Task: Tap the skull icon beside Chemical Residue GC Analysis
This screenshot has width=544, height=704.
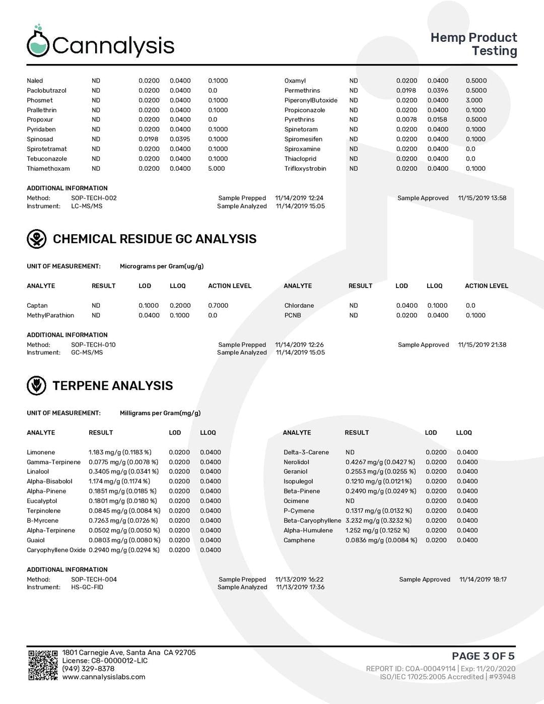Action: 36,239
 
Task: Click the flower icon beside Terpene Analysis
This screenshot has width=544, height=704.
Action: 36,386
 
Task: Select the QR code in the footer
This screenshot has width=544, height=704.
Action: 43,665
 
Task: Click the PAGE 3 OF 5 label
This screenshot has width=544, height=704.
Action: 483,656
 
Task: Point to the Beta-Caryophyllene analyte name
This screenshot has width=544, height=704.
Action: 312,521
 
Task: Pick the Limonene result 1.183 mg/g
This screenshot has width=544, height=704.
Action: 120,452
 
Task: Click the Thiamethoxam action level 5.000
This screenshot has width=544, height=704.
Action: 217,169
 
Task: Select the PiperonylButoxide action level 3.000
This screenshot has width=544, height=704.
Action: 474,100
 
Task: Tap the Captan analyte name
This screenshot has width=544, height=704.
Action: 37,306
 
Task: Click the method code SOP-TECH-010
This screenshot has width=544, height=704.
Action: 93,345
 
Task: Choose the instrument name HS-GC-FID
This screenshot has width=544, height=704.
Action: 87,587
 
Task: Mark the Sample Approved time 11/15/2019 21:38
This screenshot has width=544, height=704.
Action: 482,345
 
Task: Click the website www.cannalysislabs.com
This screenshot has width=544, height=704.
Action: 104,677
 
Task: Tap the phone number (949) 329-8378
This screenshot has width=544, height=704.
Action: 88,669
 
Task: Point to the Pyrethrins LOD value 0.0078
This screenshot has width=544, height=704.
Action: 406,120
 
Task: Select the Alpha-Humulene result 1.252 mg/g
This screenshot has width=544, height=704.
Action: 377,530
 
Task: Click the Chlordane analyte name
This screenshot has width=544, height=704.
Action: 299,306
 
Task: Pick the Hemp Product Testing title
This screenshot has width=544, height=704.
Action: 473,44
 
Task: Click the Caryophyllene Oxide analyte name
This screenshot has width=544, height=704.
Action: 56,550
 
